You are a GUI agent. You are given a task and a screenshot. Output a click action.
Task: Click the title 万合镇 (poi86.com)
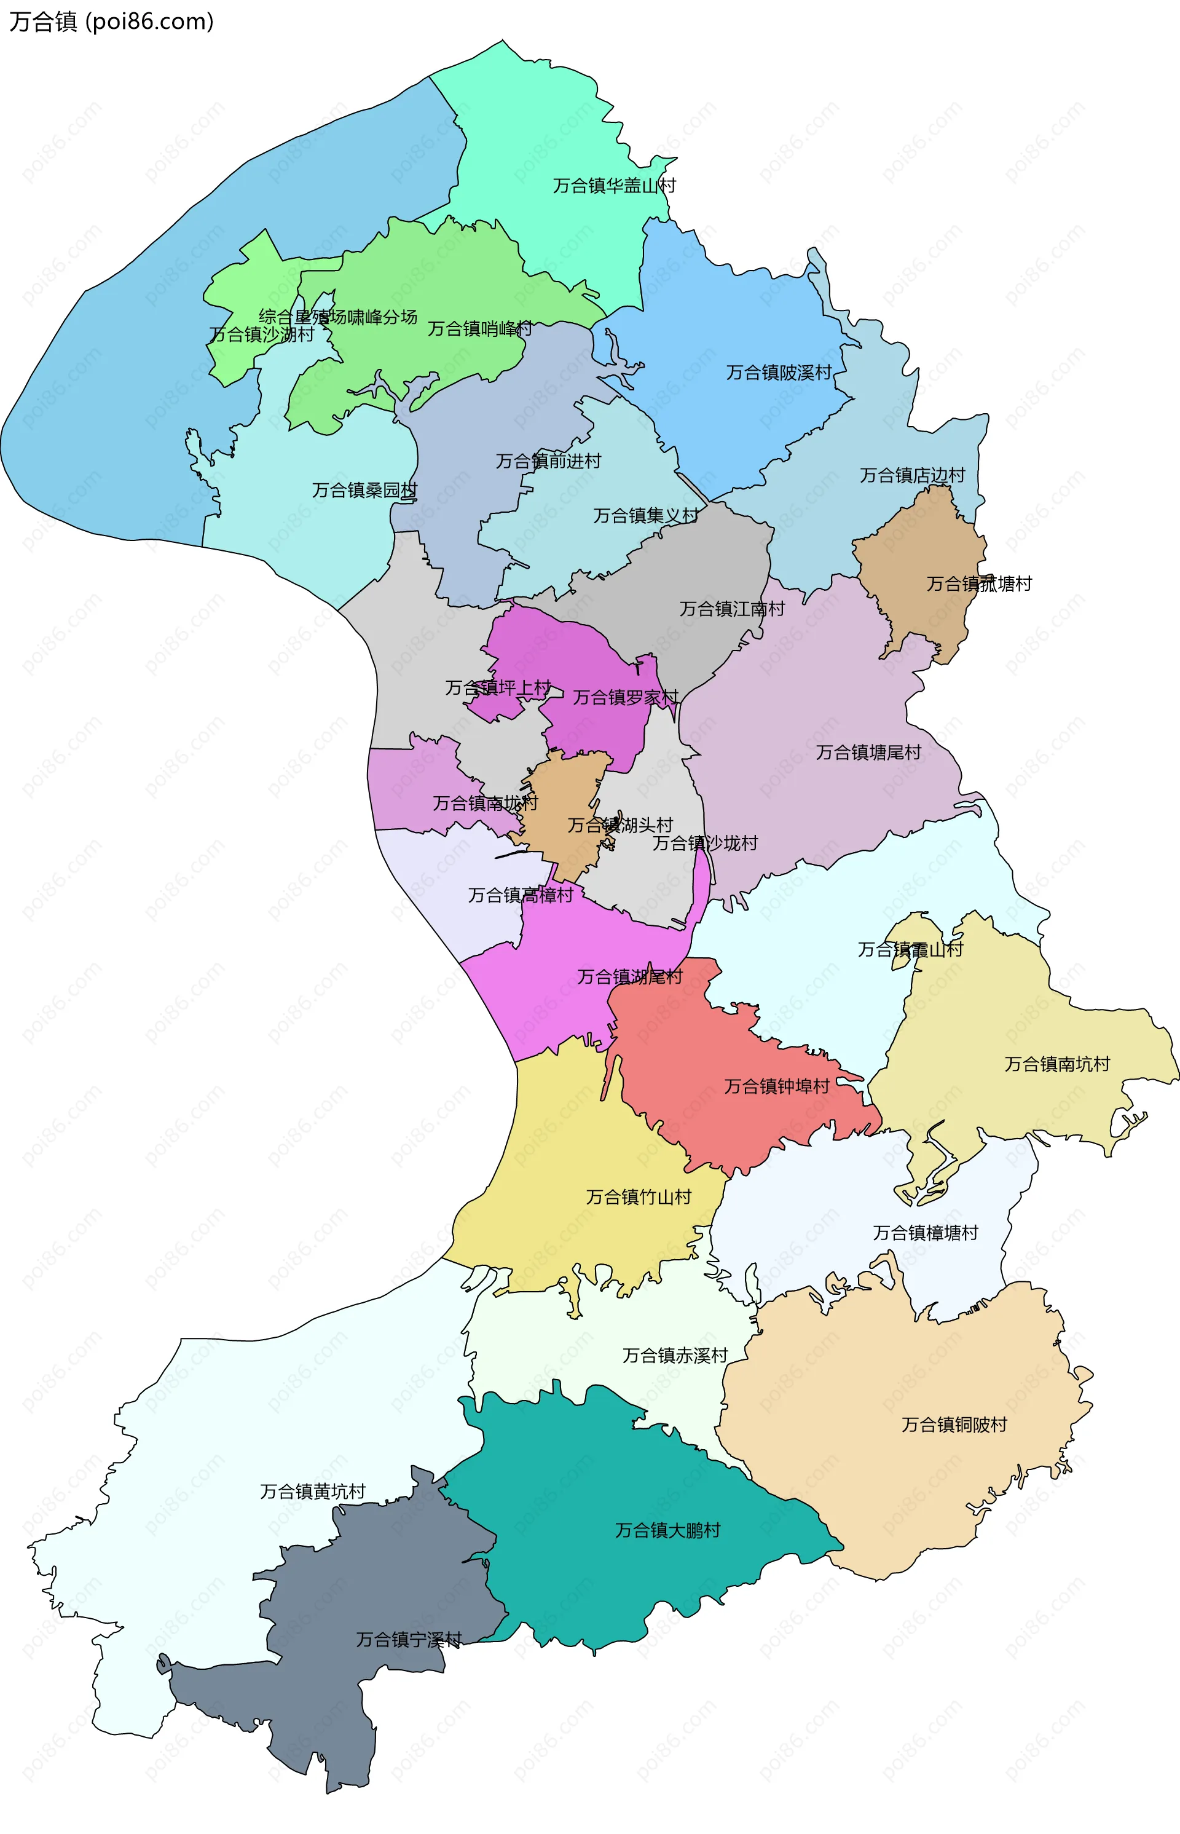[x=111, y=22]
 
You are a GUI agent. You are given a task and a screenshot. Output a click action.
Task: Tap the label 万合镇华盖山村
[x=615, y=186]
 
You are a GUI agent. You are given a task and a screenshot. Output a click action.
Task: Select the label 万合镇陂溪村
[x=779, y=373]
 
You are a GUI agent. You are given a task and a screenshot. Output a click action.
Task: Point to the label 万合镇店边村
[x=912, y=475]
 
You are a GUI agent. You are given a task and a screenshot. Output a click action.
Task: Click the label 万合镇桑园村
[x=364, y=490]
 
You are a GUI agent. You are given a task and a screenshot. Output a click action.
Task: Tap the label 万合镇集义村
[x=645, y=516]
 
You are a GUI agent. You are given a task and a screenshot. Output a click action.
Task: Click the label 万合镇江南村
[x=732, y=609]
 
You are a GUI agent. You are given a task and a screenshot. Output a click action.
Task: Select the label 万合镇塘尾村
[x=868, y=753]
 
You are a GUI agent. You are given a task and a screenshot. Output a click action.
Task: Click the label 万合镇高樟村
[x=521, y=895]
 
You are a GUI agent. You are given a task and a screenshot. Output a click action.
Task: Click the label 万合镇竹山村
[x=639, y=1197]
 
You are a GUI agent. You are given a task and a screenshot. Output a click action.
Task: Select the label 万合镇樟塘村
[x=926, y=1232]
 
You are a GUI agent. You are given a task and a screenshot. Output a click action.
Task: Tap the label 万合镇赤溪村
[x=674, y=1356]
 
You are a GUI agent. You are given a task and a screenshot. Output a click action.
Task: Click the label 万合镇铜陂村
[x=954, y=1425]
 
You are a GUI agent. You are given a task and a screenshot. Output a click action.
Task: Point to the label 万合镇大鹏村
[x=667, y=1530]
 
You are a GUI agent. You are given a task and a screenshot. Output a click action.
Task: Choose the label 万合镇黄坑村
[x=313, y=1492]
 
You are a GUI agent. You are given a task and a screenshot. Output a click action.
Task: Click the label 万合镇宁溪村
[x=409, y=1639]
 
